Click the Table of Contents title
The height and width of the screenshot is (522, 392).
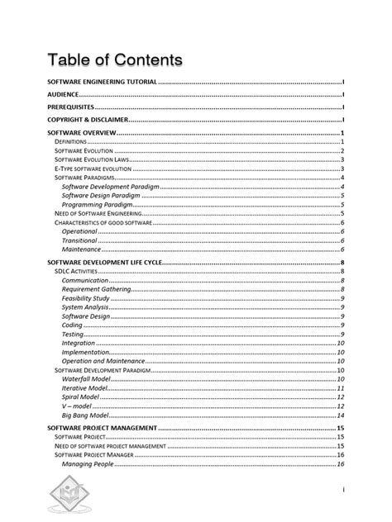(x=115, y=60)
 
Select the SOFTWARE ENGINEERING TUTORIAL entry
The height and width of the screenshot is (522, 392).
(x=102, y=83)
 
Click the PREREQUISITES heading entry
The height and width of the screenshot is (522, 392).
(x=70, y=107)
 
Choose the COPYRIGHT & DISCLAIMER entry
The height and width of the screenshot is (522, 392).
(x=87, y=120)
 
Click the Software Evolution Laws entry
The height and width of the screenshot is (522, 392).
(x=92, y=159)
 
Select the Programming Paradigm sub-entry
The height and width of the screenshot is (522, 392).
(x=96, y=204)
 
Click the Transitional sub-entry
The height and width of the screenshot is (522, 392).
(x=79, y=240)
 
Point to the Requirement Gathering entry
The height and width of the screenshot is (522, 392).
(x=98, y=290)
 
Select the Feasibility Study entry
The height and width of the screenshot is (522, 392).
(x=85, y=298)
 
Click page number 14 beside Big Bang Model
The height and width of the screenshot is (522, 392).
(x=340, y=415)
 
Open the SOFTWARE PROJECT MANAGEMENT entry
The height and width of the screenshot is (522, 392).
(x=102, y=429)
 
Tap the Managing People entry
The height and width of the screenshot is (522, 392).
(x=88, y=464)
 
